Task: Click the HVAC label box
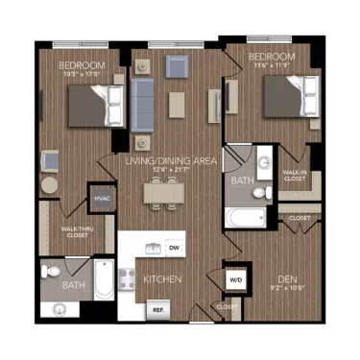(x=102, y=199)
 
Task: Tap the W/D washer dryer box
(x=235, y=279)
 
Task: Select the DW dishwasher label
(x=174, y=248)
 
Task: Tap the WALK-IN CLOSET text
(x=294, y=175)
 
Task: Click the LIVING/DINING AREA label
(x=168, y=161)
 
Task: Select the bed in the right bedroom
(x=288, y=96)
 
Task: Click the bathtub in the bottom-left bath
(x=102, y=283)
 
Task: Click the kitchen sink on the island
(x=153, y=249)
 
